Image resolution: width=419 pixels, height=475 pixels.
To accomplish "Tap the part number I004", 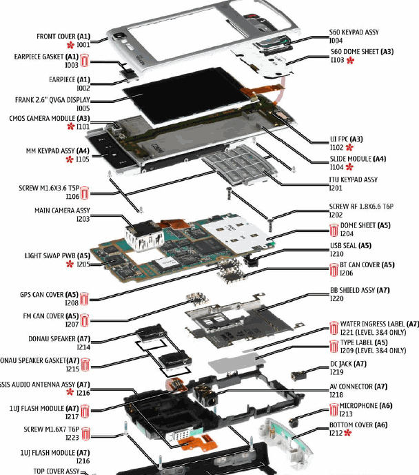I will (336, 41).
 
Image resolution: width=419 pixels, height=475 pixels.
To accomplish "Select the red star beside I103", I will (350, 61).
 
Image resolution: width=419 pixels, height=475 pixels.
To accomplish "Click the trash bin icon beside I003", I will (84, 61).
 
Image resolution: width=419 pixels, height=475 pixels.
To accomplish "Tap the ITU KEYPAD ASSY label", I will (354, 180).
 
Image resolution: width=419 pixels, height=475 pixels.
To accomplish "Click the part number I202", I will (336, 215).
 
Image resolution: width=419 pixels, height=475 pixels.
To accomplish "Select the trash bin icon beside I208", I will (84, 298).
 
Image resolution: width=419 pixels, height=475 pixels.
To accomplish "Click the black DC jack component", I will (298, 376).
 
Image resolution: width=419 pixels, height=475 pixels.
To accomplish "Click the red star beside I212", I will (348, 432).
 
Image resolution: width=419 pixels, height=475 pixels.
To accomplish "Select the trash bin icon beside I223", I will (84, 433).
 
